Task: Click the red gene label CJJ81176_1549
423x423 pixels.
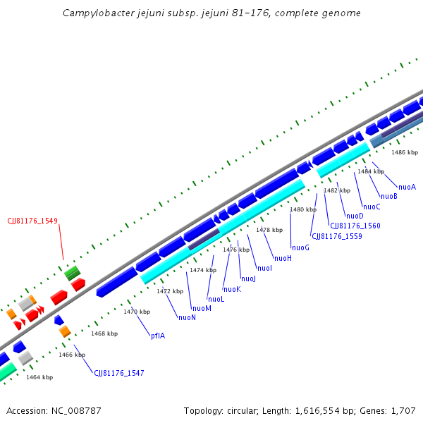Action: click(32, 220)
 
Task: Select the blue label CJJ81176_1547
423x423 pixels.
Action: click(119, 373)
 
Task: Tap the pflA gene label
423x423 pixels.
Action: click(158, 336)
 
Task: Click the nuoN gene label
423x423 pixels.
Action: click(187, 317)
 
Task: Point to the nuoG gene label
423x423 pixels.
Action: click(300, 247)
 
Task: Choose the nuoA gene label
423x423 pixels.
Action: click(407, 187)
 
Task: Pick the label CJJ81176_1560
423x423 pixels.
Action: click(355, 226)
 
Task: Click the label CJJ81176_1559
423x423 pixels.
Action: click(337, 236)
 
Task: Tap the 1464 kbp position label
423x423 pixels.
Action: click(39, 377)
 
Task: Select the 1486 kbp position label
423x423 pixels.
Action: click(405, 152)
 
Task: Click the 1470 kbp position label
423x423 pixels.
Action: click(137, 312)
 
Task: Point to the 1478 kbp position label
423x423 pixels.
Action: click(269, 230)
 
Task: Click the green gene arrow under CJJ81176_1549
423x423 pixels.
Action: click(72, 272)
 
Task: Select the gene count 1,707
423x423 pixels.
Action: click(404, 410)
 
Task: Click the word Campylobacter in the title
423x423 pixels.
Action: click(94, 13)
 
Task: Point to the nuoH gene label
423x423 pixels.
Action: click(283, 258)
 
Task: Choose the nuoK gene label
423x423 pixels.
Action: click(232, 289)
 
